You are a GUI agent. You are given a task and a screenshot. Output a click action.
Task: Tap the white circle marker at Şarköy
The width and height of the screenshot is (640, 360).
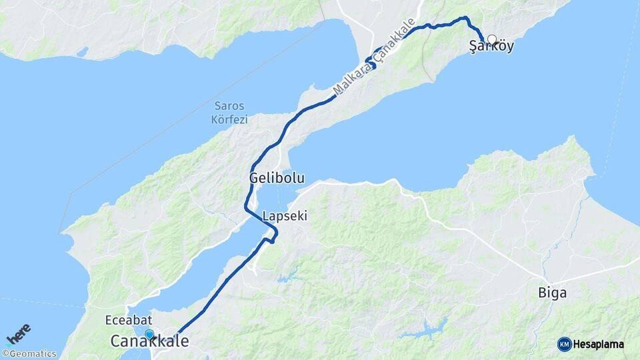pyautogui.click(x=492, y=39)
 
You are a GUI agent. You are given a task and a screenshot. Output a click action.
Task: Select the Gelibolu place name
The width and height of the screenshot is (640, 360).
pyautogui.click(x=277, y=179)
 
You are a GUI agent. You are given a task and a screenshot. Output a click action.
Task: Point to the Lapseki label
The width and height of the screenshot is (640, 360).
pyautogui.click(x=285, y=216)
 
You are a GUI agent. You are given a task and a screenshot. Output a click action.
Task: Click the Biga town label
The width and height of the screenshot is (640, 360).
pyautogui.click(x=553, y=292)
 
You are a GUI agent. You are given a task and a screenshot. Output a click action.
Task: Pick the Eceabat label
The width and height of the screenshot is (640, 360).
pyautogui.click(x=125, y=320)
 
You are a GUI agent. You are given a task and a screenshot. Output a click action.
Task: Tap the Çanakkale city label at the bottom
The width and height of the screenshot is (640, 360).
pyautogui.click(x=149, y=341)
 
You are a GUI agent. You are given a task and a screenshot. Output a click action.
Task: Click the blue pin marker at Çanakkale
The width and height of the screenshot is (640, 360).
pyautogui.click(x=149, y=334)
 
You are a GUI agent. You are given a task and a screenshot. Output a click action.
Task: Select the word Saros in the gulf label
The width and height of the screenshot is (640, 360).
pyautogui.click(x=229, y=106)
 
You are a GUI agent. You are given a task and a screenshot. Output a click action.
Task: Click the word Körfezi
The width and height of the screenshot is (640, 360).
pyautogui.click(x=229, y=120)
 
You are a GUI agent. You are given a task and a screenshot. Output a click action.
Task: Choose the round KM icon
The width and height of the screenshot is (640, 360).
pyautogui.click(x=564, y=344)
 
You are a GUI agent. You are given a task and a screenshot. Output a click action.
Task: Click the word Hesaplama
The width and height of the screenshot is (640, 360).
pyautogui.click(x=599, y=345)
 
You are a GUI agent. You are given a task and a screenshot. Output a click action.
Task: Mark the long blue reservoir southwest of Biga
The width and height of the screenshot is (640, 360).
pyautogui.click(x=427, y=328)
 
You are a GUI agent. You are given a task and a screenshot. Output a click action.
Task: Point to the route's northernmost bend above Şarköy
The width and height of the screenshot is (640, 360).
pyautogui.click(x=465, y=18)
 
